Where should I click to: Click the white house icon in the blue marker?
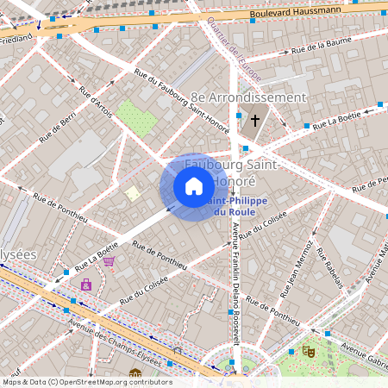pos(194,186)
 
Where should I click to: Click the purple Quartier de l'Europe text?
pos(234,52)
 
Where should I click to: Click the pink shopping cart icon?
pos(109,262)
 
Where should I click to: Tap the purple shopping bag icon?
pos(85,284)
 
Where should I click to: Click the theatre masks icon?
pos(307,351)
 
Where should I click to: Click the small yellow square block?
pos(132,193)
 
